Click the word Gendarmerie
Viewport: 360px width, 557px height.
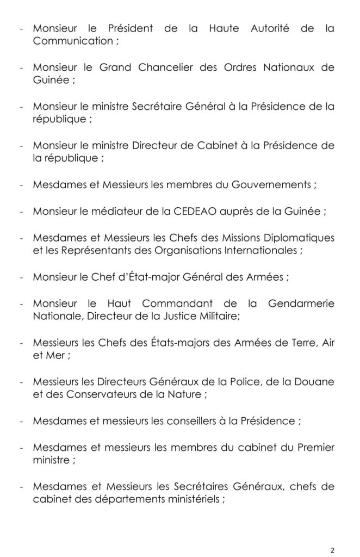point(302,304)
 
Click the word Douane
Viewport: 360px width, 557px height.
point(315,383)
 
